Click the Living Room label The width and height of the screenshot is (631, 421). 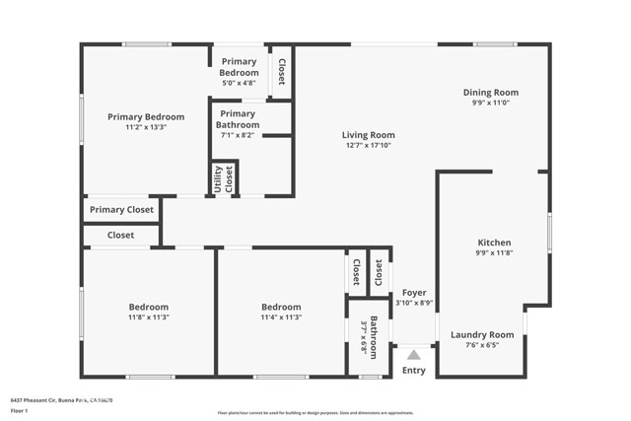pos(369,135)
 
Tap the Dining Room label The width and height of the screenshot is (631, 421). pos(490,93)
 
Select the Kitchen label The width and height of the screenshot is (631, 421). pos(494,243)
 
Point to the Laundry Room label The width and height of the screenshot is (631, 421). pos(482,334)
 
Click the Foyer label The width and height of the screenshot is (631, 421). pos(414,293)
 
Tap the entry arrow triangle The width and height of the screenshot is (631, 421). pos(414,354)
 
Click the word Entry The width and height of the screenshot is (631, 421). pos(414,371)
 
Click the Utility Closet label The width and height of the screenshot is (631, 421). pos(224,178)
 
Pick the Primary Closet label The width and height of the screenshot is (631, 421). pos(121,209)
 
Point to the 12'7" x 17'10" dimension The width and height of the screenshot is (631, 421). pos(369,146)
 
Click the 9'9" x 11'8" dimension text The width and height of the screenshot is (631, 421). pos(494,253)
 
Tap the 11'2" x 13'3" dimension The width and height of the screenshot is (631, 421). pos(146,127)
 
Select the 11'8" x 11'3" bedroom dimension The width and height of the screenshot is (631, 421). pos(149,317)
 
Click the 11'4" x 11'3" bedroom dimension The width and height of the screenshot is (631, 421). pos(281,317)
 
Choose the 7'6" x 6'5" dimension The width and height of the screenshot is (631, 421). pos(482,345)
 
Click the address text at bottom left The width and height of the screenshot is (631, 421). pos(62,400)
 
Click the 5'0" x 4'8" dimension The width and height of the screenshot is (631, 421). pos(239,83)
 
